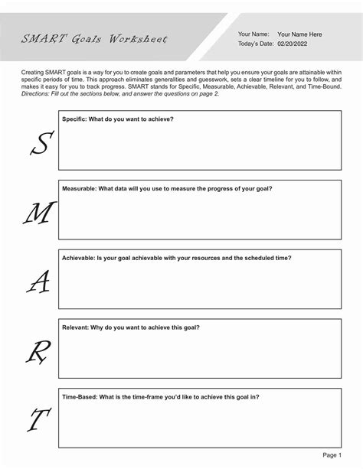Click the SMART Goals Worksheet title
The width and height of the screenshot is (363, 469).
94,39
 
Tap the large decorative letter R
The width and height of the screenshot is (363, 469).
36,353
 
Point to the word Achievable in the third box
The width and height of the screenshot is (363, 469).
78,258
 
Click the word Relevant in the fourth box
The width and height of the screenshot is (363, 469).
76,327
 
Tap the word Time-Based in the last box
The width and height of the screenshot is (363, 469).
80,396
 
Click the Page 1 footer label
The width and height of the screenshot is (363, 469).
332,454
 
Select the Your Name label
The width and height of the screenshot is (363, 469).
253,34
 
